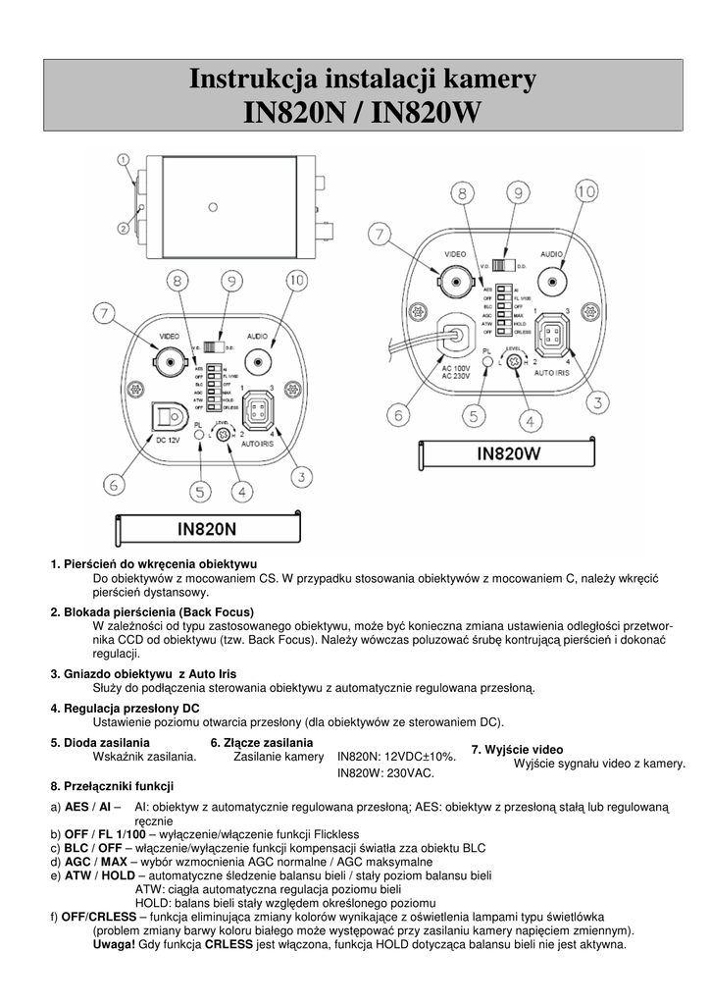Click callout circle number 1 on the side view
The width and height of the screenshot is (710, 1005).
124,158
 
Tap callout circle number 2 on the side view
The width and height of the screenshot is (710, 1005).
124,229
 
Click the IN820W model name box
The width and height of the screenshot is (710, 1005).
509,454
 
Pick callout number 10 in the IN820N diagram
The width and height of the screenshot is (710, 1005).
296,282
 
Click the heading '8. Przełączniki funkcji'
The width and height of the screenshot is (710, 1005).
112,786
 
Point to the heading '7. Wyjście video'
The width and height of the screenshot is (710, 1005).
517,750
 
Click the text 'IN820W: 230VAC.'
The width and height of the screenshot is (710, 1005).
384,773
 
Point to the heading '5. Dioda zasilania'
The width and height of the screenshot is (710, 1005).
100,742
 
